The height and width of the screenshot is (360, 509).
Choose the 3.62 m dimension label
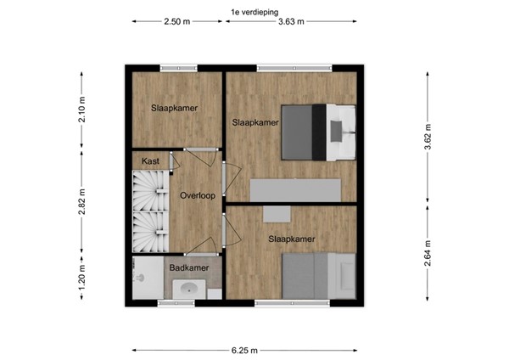426,137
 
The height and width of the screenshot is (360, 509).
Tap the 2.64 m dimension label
426,253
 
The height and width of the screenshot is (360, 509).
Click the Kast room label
150,161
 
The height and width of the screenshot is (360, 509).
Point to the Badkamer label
188,267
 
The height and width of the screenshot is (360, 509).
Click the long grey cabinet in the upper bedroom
294,189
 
